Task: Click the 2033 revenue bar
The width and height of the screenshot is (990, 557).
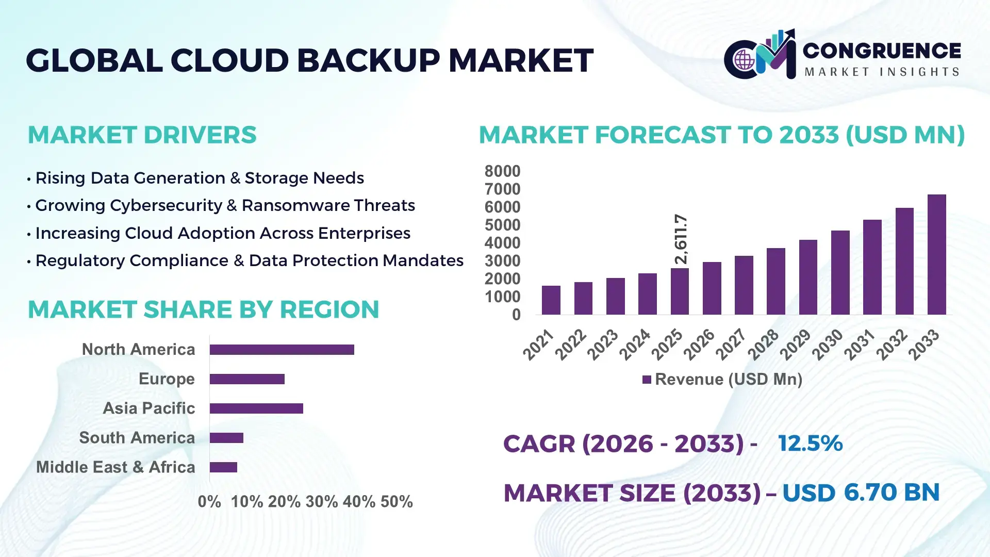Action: click(x=936, y=255)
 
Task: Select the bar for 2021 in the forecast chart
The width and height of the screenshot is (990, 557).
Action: click(x=551, y=300)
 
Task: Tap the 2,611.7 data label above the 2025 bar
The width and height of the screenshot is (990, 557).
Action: click(x=681, y=239)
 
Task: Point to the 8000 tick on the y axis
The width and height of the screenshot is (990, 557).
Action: click(x=502, y=171)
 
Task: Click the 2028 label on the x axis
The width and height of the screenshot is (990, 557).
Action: click(x=763, y=345)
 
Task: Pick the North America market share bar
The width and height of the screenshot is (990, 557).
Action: click(x=282, y=350)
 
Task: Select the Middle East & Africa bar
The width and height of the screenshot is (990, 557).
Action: click(x=223, y=467)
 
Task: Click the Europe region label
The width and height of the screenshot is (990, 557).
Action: click(x=167, y=379)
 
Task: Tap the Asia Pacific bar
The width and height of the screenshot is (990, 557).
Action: click(x=256, y=408)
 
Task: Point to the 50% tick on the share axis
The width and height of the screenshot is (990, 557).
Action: click(x=397, y=502)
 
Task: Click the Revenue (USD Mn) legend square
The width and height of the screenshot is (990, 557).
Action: click(x=647, y=380)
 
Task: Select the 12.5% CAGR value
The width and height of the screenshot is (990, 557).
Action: click(x=810, y=444)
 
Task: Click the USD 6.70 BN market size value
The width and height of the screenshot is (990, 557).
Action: click(x=861, y=493)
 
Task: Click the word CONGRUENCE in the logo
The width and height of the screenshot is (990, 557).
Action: click(x=882, y=51)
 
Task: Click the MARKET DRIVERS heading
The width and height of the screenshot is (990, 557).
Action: click(x=142, y=135)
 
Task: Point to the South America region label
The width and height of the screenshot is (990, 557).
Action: click(x=137, y=438)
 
